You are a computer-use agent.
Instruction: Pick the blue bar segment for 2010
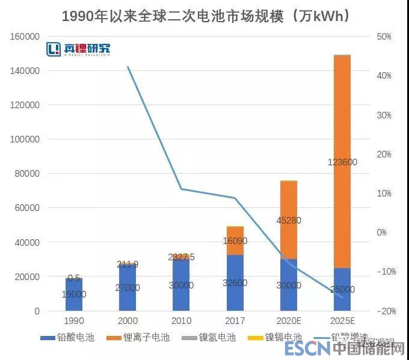click(x=181, y=285)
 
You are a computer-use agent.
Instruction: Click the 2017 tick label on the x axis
click(x=235, y=321)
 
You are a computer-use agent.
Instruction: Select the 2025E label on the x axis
click(x=342, y=321)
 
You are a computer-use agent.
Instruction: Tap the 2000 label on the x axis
click(x=128, y=321)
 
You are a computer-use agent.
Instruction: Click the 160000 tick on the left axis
click(x=25, y=37)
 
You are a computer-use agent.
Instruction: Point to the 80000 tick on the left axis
click(x=27, y=174)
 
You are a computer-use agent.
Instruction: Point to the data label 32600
click(x=235, y=288)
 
